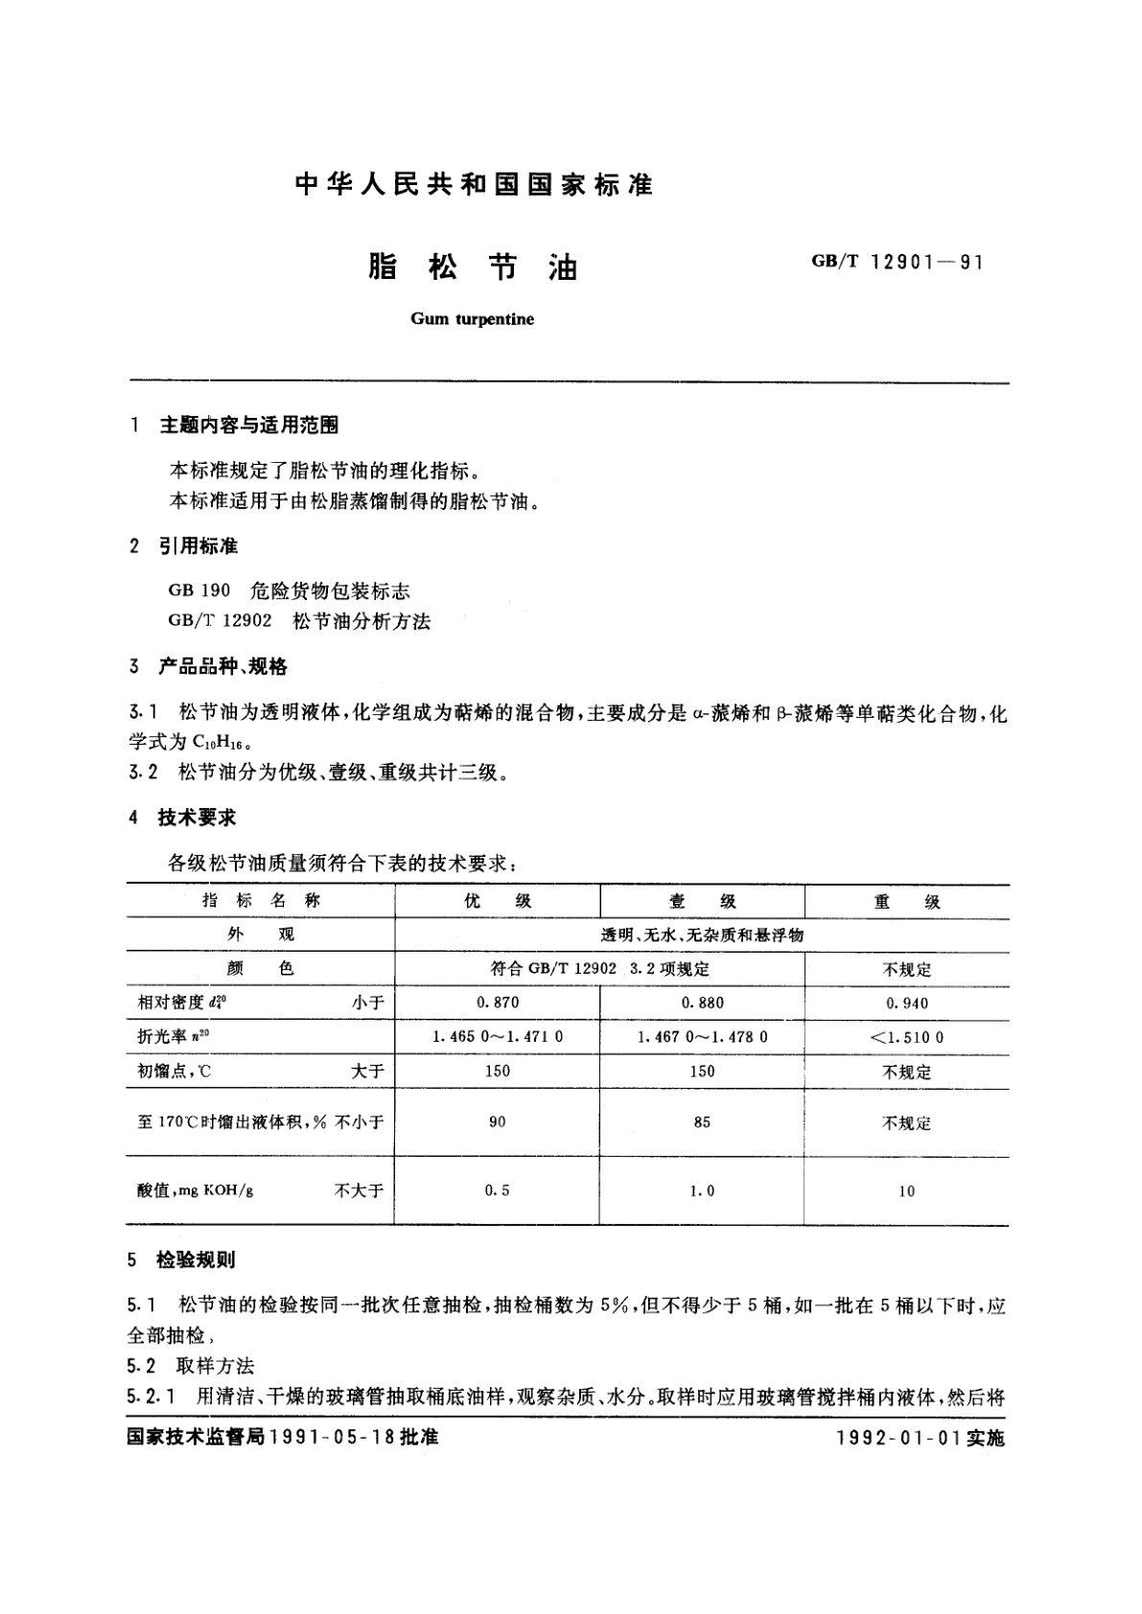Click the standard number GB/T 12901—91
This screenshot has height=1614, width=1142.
pos(897,262)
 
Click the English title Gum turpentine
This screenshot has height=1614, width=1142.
pos(472,319)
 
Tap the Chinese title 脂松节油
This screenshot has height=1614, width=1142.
pos(473,267)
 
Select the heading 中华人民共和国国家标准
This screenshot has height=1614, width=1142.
pos(474,185)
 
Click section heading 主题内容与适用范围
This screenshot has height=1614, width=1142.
pos(248,426)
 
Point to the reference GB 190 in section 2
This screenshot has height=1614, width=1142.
pos(199,591)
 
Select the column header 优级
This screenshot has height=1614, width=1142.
pos(497,901)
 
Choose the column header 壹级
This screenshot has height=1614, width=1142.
pos(702,901)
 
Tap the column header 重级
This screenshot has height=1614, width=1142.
pos(906,901)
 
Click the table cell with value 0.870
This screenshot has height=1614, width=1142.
pos(497,1003)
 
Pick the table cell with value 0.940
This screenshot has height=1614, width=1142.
pos(906,1003)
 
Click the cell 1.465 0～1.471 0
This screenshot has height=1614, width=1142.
pos(497,1037)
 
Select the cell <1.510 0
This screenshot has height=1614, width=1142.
pos(906,1037)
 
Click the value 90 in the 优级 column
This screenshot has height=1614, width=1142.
pos(497,1121)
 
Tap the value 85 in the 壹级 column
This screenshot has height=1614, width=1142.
pos(702,1121)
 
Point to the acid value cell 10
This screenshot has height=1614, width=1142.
pos(906,1191)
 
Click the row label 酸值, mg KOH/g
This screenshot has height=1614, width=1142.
pos(197,1190)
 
